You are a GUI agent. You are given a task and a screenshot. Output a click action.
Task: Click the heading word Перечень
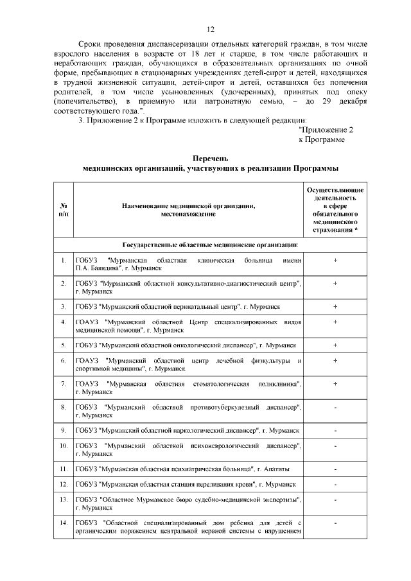click(x=210, y=158)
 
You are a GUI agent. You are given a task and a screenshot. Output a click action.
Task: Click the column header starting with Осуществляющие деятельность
click(x=335, y=210)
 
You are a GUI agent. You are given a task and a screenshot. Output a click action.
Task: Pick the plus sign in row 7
click(x=335, y=383)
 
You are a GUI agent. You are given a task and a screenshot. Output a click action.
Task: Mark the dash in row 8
click(x=335, y=408)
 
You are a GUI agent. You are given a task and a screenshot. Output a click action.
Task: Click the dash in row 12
click(x=335, y=483)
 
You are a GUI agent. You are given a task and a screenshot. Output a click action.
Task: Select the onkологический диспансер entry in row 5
click(x=186, y=345)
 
